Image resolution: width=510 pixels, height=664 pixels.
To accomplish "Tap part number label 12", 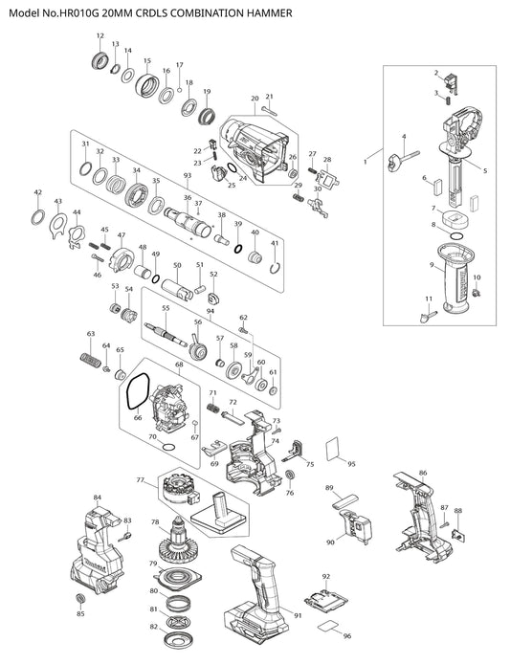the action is click(x=100, y=36).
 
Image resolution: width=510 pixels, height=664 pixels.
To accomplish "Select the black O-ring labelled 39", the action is click(x=238, y=249).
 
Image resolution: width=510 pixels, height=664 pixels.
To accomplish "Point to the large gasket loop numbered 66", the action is click(x=138, y=391).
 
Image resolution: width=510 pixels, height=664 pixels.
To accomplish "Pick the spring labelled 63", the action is click(x=90, y=360).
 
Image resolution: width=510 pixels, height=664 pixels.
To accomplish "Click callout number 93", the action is click(x=188, y=175).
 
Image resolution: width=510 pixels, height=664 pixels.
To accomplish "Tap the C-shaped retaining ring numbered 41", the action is click(x=275, y=268).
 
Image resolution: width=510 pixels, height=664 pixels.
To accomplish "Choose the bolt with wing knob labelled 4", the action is click(x=403, y=160).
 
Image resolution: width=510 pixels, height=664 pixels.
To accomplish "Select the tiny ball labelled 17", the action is click(x=179, y=90).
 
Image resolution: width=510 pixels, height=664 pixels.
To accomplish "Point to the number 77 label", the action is click(x=141, y=479).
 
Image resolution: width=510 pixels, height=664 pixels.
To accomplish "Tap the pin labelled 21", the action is click(x=269, y=111).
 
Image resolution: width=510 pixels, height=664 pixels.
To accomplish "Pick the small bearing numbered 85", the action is click(x=79, y=599).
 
